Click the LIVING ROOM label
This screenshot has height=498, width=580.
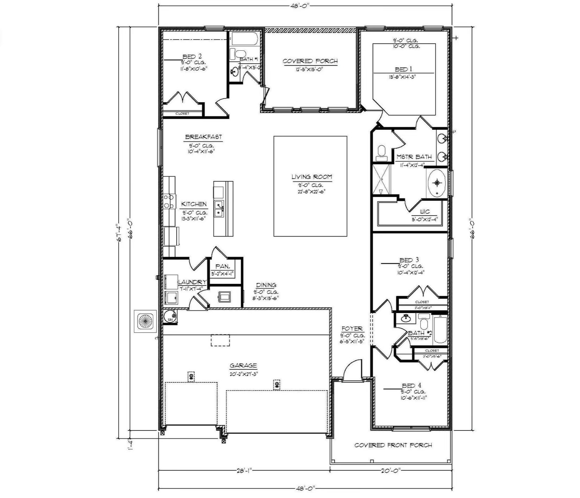coord(311,177)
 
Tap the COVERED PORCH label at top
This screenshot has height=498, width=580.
coord(310,61)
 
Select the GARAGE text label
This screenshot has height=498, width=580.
coord(243,366)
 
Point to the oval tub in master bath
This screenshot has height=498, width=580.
coord(437,183)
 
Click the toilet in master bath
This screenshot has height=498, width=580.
coord(381,152)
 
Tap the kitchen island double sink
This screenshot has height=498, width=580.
coord(219,209)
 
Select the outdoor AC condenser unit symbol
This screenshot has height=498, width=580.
coord(145,321)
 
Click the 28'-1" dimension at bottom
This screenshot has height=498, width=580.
coord(243,470)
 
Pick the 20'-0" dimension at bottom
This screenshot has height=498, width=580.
coord(390,470)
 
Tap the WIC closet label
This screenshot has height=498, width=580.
coord(425,212)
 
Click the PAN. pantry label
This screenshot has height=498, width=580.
coord(222,267)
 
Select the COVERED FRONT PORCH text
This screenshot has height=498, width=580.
coord(393,445)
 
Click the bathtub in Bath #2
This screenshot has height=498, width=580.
coord(440,330)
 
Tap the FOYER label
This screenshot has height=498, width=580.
coord(352,329)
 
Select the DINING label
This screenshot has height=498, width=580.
coord(266,285)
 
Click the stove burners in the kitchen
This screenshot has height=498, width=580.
coord(169,201)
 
